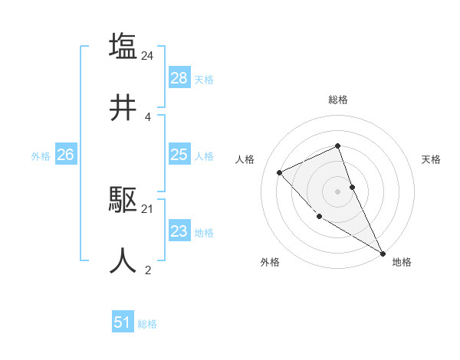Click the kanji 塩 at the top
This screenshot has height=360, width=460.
tap(123, 46)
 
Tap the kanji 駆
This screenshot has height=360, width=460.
tap(123, 199)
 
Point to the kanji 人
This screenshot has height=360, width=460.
tap(123, 260)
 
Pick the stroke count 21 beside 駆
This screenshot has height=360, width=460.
tap(148, 208)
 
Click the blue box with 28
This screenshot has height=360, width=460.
tap(179, 78)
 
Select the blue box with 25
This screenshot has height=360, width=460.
tap(179, 155)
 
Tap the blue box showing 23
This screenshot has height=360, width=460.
tap(179, 231)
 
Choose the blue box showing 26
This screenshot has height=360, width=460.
tap(65, 155)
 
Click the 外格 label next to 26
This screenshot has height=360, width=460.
tap(41, 156)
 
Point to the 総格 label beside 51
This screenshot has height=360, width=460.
tap(147, 324)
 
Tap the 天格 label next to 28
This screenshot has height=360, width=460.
tap(204, 80)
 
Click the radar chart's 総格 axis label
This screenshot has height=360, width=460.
tap(338, 100)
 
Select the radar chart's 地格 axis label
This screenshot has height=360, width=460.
tap(402, 262)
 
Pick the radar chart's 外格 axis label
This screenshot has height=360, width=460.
tap(270, 262)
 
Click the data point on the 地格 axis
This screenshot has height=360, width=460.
tap(383, 254)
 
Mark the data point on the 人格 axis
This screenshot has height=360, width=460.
tap(280, 172)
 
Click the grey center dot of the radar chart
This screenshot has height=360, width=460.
tap(338, 191)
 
